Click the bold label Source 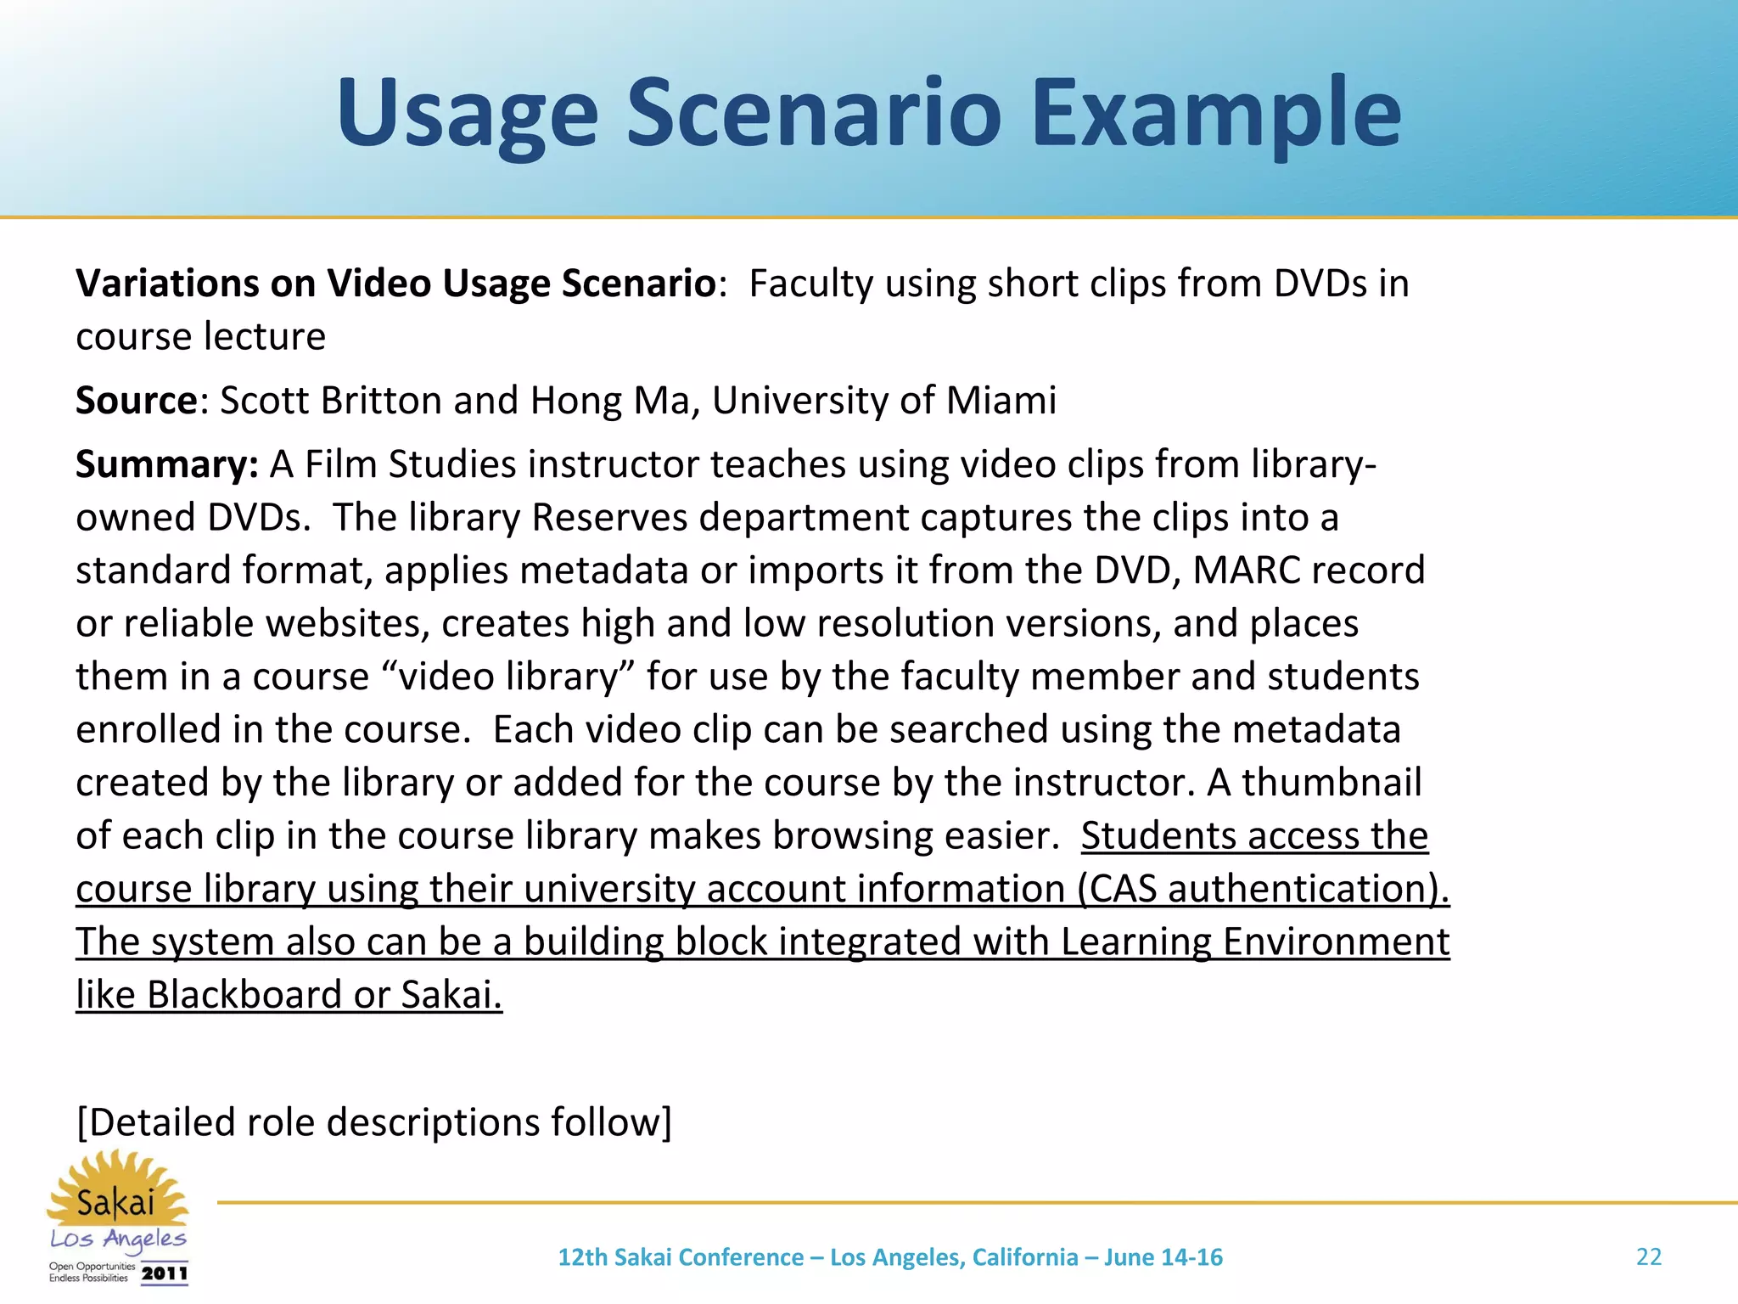pos(137,401)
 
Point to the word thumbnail pos(1332,783)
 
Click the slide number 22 pos(1648,1257)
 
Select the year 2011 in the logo pos(165,1273)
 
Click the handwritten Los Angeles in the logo pos(118,1240)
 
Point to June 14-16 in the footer pos(1163,1257)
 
